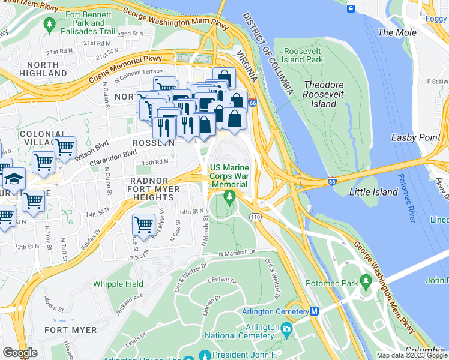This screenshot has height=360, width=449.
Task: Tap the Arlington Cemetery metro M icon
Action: (x=313, y=311)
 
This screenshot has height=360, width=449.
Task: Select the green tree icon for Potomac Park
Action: (x=364, y=284)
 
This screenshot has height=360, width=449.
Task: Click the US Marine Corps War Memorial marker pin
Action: (x=229, y=196)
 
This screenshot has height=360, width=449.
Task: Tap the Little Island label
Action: (x=373, y=192)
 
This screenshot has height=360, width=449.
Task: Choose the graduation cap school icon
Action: (x=13, y=179)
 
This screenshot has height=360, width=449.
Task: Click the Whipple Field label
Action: (x=118, y=284)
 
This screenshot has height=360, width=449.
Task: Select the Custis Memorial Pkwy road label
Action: (x=139, y=62)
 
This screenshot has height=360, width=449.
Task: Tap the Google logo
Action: (x=20, y=353)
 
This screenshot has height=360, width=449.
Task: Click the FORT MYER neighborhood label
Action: (x=70, y=330)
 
